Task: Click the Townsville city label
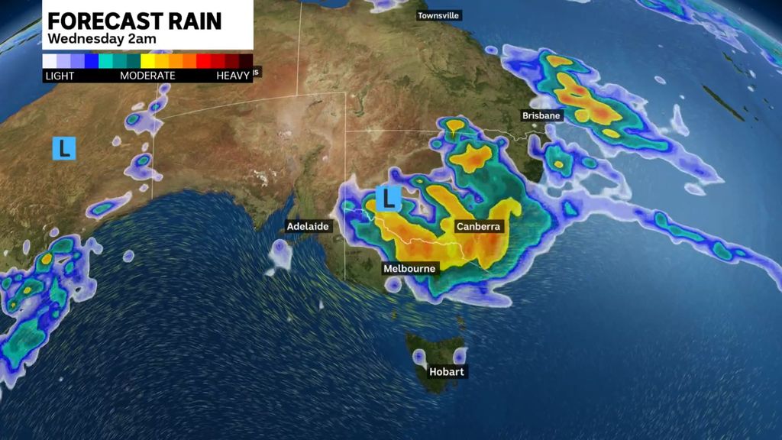tap(439, 15)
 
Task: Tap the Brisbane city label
tap(541, 115)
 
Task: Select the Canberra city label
tap(478, 227)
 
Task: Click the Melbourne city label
tap(409, 268)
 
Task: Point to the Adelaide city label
tap(307, 226)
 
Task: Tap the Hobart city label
tap(447, 372)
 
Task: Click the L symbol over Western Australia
tap(64, 148)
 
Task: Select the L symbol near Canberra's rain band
tap(390, 200)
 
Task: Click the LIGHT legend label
tap(60, 76)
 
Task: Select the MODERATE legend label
tap(147, 76)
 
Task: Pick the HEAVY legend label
tap(233, 76)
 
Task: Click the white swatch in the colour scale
tap(50, 61)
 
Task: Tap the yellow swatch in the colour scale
tap(148, 61)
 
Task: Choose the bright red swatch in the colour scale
tap(204, 61)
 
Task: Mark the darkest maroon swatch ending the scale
tap(246, 61)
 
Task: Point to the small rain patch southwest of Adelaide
tap(280, 254)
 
